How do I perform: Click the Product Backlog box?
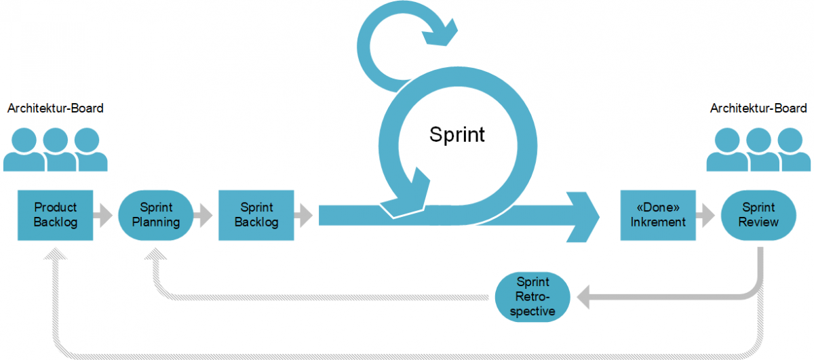[x=56, y=216]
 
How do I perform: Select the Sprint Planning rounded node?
[x=156, y=216]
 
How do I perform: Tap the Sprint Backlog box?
[x=256, y=216]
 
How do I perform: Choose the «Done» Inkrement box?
[x=658, y=216]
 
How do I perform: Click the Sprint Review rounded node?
[x=758, y=216]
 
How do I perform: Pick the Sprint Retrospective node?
[x=532, y=297]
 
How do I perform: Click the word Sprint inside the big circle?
[x=457, y=134]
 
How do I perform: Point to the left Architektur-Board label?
[x=56, y=108]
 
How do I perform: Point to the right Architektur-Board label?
[x=758, y=108]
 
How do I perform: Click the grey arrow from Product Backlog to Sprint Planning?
[x=104, y=216]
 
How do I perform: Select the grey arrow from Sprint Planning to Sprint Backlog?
[x=203, y=216]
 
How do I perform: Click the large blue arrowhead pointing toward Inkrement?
[x=583, y=216]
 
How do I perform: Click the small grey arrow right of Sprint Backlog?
[x=305, y=216]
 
